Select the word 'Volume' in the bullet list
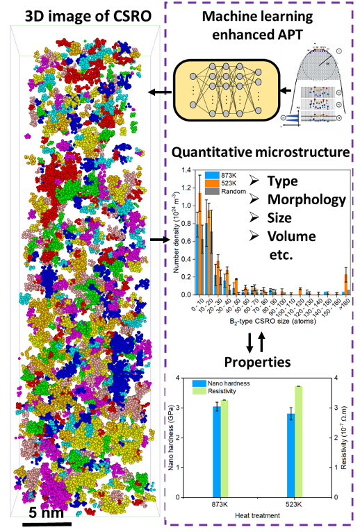tap(292, 235)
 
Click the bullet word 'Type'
tap(282, 181)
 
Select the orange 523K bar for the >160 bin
tap(347, 283)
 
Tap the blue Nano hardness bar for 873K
tap(217, 451)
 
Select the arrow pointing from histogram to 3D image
tap(160, 240)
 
